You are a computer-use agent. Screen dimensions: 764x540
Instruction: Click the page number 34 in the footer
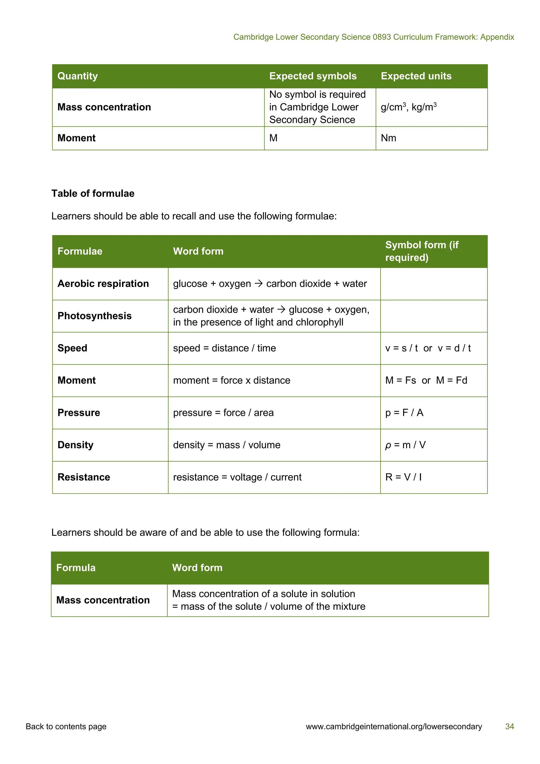click(509, 726)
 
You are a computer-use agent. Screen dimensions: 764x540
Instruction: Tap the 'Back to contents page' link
click(66, 726)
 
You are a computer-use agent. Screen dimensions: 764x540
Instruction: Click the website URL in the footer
click(394, 726)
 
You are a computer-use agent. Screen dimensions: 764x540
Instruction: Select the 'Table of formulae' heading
click(93, 193)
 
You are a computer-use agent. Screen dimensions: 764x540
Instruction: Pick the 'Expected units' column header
click(416, 76)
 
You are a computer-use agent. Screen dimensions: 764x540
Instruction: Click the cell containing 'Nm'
click(388, 138)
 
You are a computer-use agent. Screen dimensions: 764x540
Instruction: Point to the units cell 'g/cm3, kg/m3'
click(408, 107)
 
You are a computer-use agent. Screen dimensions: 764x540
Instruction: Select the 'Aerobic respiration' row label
click(103, 284)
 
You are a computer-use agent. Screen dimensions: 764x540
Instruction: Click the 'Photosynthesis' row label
click(94, 316)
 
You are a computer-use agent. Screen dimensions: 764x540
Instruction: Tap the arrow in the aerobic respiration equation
click(259, 284)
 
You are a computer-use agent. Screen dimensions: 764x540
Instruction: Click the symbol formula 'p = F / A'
click(404, 413)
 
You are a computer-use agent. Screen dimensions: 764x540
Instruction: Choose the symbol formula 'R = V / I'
click(403, 477)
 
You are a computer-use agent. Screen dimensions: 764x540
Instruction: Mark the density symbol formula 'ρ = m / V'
click(405, 445)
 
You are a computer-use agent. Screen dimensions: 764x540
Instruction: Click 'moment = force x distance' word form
click(232, 380)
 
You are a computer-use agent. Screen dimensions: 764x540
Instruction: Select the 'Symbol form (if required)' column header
click(422, 251)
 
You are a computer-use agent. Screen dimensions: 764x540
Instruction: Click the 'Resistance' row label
click(84, 477)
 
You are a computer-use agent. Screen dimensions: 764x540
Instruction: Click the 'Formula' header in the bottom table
click(76, 568)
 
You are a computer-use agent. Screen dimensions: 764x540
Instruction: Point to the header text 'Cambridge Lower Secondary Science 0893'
click(312, 37)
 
